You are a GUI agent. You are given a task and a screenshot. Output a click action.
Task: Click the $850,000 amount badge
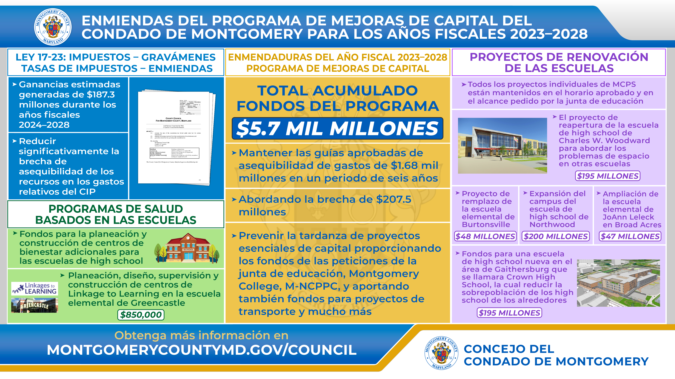(141, 315)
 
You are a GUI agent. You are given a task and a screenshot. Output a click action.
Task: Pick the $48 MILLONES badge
(485, 236)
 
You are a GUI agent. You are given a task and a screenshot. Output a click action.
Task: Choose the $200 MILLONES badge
(555, 236)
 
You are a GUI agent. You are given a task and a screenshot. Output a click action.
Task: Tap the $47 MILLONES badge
(630, 236)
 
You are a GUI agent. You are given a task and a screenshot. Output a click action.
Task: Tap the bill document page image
(175, 137)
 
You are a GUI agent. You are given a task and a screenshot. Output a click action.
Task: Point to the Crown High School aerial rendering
(618, 283)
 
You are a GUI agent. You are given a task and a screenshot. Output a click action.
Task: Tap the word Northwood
(552, 224)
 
